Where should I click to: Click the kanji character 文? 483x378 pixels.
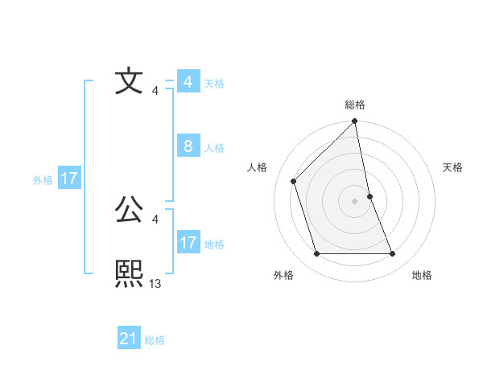[129, 81]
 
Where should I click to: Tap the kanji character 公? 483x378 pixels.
[129, 209]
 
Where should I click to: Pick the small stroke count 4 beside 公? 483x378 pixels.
[155, 219]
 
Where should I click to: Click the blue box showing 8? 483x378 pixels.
[188, 146]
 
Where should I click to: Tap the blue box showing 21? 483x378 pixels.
[129, 339]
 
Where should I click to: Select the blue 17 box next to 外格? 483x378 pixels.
[69, 179]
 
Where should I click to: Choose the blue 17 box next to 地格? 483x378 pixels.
[188, 243]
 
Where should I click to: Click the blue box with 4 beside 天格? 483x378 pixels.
[188, 82]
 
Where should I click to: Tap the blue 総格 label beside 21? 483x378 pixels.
[155, 340]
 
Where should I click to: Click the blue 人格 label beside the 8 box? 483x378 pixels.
[214, 148]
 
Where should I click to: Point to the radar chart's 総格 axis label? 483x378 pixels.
[355, 105]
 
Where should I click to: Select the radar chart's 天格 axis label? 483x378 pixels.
[453, 167]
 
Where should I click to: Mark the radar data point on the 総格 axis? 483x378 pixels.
[355, 122]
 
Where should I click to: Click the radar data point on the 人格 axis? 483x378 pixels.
[294, 181]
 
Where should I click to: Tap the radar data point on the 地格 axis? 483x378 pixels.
[393, 254]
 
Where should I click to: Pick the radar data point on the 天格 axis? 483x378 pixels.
[369, 195]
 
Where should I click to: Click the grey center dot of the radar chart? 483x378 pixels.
[355, 200]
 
